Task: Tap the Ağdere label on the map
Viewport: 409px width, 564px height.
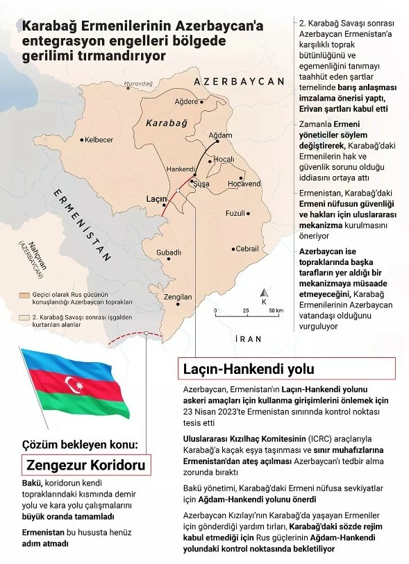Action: coord(186,102)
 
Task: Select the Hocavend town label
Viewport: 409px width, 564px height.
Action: coord(244,184)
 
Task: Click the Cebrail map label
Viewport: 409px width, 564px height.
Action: coord(247,248)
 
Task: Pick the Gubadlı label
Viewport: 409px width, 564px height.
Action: coord(169,252)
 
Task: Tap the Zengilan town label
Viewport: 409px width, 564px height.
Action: coord(178,297)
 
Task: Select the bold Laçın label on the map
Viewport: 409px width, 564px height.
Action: coord(154,198)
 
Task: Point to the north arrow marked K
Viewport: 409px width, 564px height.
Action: coord(264,297)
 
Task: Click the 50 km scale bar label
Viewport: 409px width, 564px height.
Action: coord(276,311)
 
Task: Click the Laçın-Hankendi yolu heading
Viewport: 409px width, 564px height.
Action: coord(248,367)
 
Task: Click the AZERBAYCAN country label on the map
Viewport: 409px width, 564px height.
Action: coord(240,81)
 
